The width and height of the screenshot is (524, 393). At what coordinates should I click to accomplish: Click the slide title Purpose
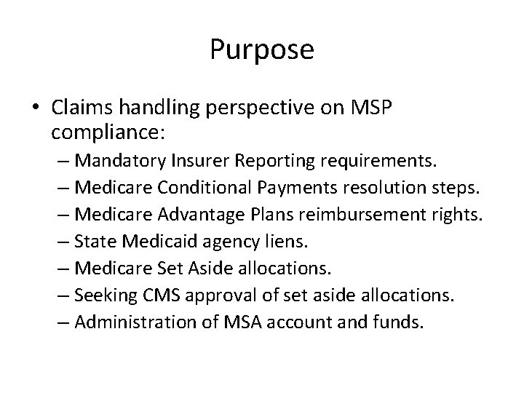pyautogui.click(x=262, y=50)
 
